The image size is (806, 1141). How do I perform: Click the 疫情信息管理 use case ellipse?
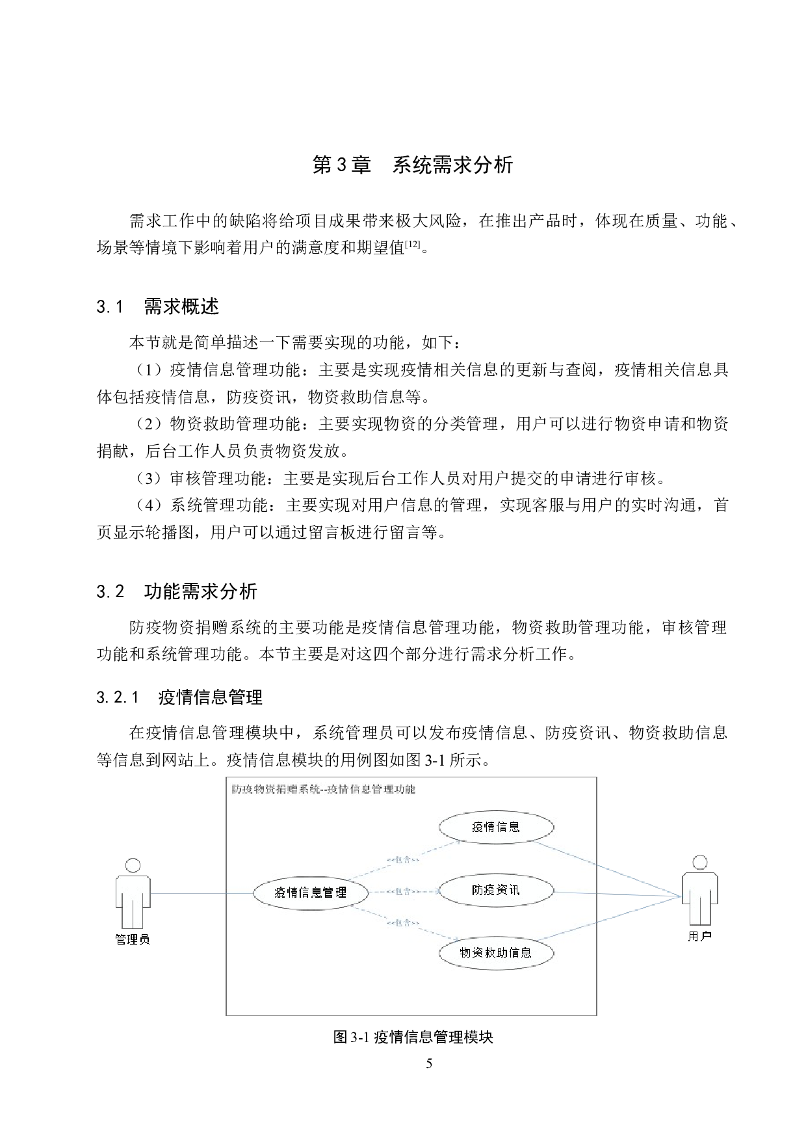(x=311, y=893)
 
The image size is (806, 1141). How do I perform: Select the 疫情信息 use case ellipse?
(x=496, y=827)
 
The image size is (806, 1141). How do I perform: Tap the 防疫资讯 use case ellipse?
(x=496, y=890)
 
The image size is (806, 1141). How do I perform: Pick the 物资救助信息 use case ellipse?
(x=496, y=952)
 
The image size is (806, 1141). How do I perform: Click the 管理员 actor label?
(x=133, y=939)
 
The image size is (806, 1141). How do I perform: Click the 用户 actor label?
(x=699, y=936)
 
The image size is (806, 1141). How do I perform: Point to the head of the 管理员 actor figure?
(x=133, y=865)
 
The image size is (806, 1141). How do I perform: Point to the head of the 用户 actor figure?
(x=700, y=863)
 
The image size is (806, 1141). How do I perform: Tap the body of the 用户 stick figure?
(x=700, y=896)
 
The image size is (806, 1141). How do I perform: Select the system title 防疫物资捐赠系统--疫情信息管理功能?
(x=324, y=789)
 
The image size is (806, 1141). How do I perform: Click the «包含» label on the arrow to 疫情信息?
(x=403, y=860)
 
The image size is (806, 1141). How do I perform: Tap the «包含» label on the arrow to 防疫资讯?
(x=403, y=891)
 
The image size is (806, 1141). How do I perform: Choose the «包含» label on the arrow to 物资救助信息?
(x=403, y=922)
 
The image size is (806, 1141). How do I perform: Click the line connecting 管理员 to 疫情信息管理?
(x=201, y=893)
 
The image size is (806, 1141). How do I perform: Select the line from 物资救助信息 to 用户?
(x=608, y=919)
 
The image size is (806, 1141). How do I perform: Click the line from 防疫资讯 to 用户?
(x=617, y=895)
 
